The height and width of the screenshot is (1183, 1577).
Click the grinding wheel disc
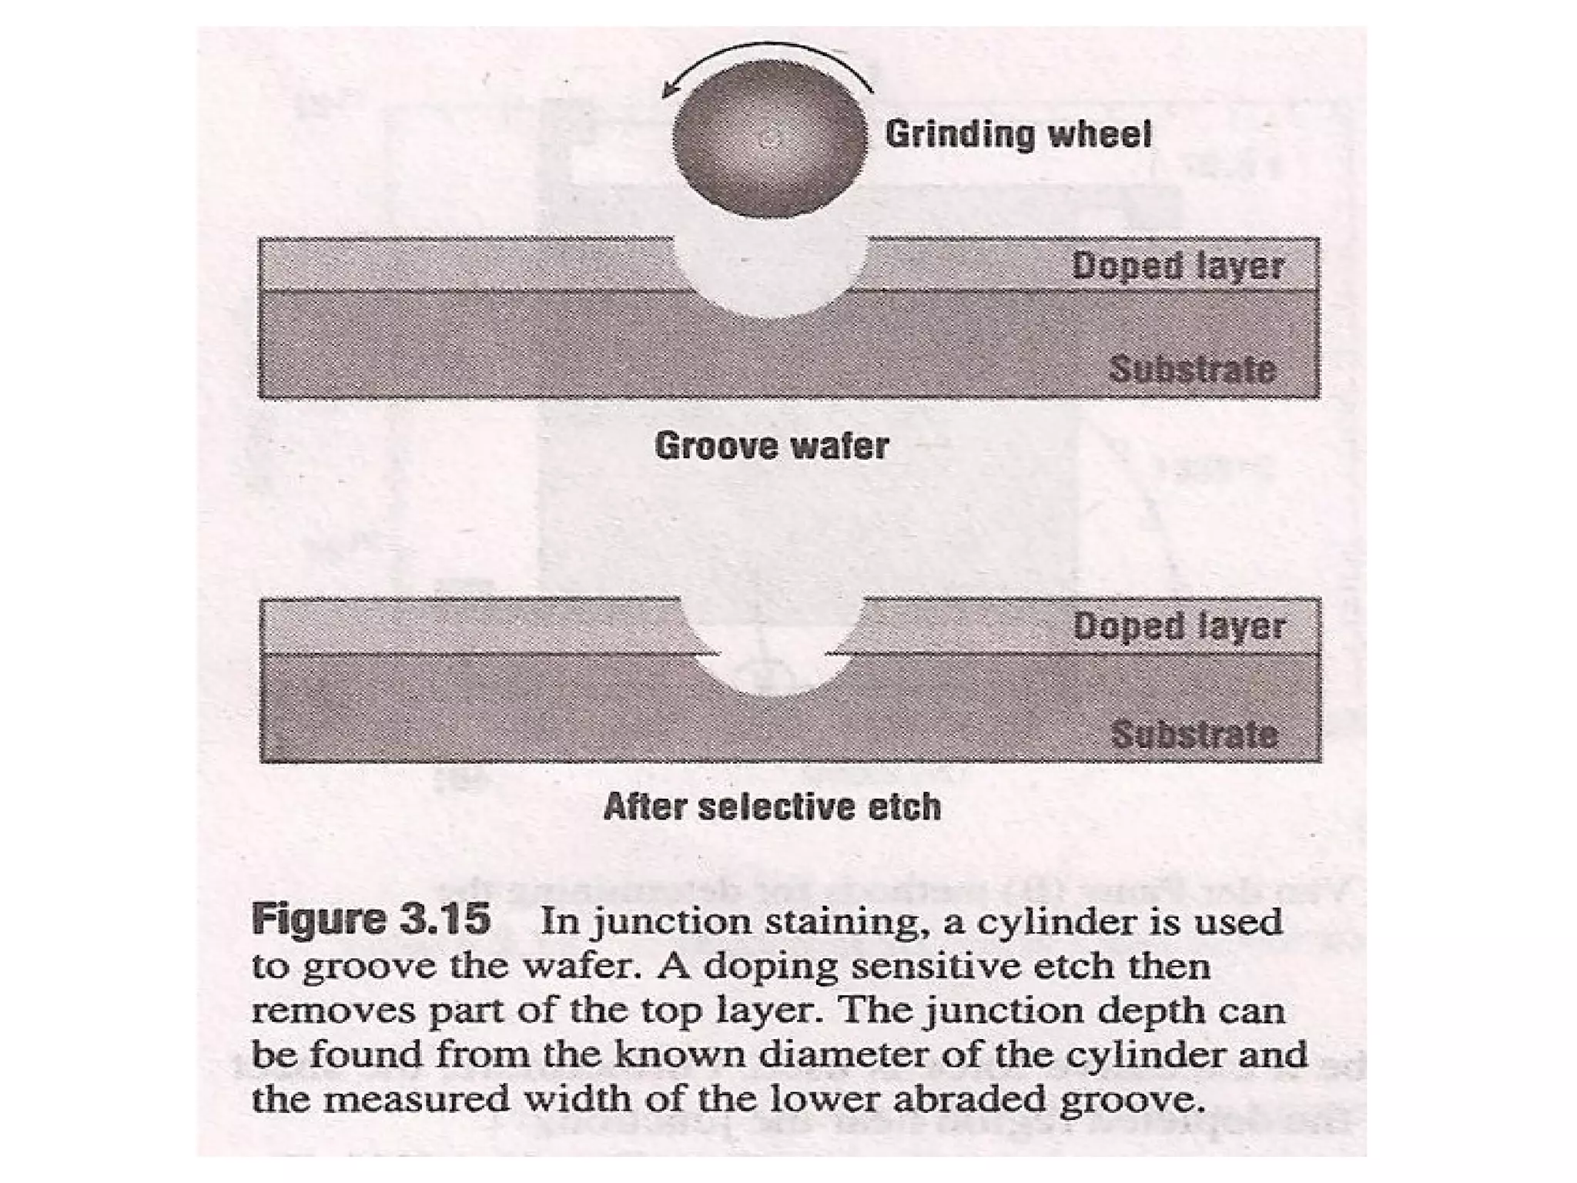click(x=768, y=139)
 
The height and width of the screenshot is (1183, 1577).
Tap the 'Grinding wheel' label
click(x=1018, y=134)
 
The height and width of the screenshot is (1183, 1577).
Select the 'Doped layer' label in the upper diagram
click(x=1178, y=266)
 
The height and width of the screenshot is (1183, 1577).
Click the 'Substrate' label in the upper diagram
click(x=1192, y=370)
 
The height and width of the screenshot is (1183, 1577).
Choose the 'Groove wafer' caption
click(x=772, y=446)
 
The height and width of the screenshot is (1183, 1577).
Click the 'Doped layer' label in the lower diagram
click(x=1179, y=626)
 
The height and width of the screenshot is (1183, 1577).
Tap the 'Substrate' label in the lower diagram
click(x=1194, y=734)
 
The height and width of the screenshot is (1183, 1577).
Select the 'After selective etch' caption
click(x=772, y=807)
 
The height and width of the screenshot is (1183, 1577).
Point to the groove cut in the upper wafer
click(x=770, y=277)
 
